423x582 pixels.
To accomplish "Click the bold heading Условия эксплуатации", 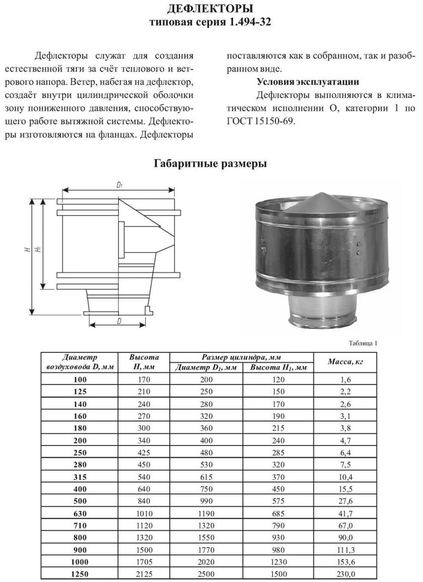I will point(308,82).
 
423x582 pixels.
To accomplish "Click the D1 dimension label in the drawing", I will point(119,185).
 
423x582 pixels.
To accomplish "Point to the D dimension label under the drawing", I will point(119,321).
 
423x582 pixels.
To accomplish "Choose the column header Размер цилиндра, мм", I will point(241,357).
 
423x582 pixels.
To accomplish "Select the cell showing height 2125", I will point(144,573).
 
